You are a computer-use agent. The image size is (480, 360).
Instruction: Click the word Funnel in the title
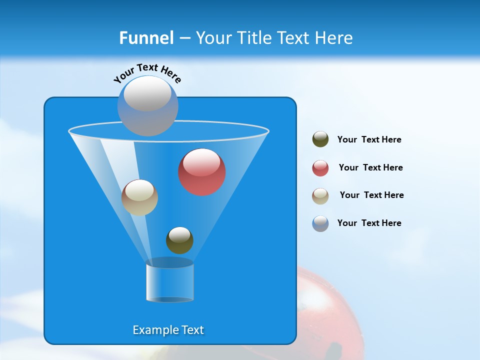(x=146, y=38)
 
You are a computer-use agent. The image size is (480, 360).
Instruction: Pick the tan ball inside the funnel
(x=139, y=198)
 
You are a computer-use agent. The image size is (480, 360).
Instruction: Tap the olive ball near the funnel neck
(x=179, y=240)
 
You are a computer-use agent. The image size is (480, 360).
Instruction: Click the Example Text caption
(x=168, y=330)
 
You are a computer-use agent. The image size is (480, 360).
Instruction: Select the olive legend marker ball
(x=320, y=139)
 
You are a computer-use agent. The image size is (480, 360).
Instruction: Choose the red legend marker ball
(x=320, y=168)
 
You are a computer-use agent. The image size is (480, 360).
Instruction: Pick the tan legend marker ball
(x=320, y=196)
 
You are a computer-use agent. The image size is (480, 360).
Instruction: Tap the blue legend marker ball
(x=320, y=223)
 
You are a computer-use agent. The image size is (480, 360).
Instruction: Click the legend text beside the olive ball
(x=369, y=140)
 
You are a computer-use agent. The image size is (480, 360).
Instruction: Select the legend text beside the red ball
(x=370, y=168)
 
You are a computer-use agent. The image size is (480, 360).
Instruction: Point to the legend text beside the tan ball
(x=371, y=195)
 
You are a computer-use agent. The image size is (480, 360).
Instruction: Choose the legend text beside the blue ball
(x=369, y=223)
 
